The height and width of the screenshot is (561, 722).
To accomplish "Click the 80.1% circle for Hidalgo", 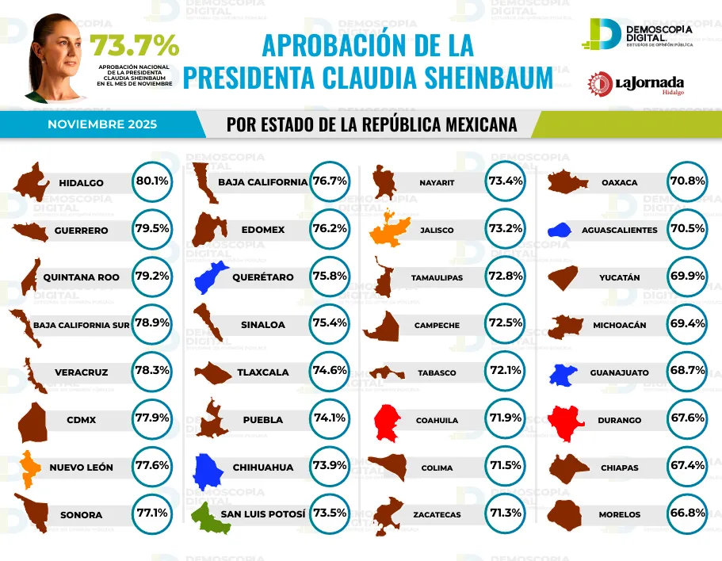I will coord(152,181).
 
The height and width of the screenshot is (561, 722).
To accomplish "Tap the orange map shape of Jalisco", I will coord(392,230).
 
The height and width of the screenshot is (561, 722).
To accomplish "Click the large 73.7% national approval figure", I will coord(134,44).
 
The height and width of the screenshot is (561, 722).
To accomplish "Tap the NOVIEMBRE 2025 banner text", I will coord(102,125).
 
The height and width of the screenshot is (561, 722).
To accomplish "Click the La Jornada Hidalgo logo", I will coord(636,83).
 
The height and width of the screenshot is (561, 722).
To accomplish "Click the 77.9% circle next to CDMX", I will coord(152,419).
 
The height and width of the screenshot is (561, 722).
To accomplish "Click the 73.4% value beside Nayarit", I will coord(506,181).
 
